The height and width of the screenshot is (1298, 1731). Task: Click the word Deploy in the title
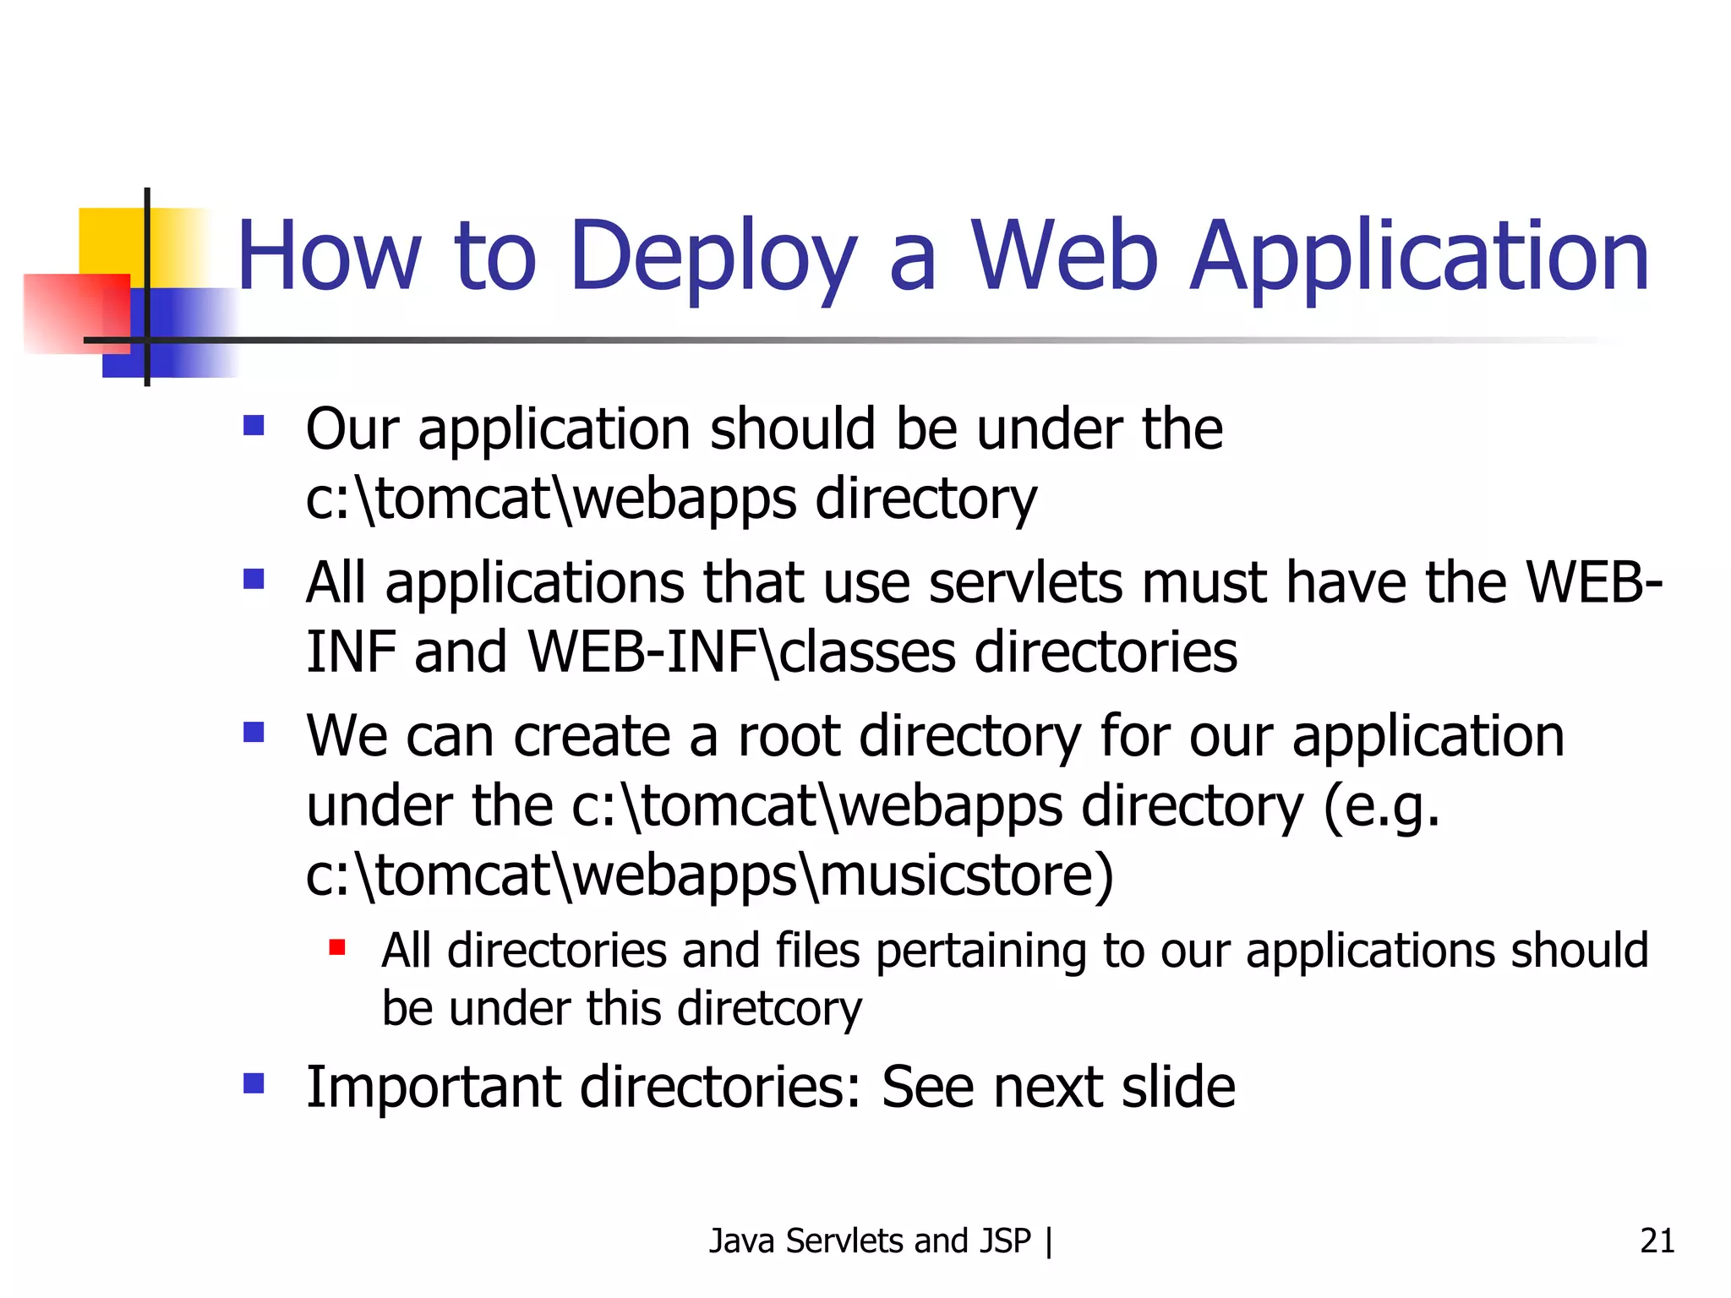tap(713, 257)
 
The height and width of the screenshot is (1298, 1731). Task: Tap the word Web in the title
tap(1064, 257)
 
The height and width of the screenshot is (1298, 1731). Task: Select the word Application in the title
tap(1419, 257)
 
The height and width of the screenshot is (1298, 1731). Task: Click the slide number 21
tap(1657, 1241)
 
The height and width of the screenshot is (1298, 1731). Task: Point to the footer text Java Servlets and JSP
tap(870, 1241)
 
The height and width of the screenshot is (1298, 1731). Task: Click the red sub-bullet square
tap(337, 947)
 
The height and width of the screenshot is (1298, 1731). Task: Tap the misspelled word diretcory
tap(769, 1008)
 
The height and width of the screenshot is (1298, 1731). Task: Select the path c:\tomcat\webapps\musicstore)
tap(709, 875)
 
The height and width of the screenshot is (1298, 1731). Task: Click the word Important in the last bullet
tap(433, 1087)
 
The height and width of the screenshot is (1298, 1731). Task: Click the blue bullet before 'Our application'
tap(254, 424)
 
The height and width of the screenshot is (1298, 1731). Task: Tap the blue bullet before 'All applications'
tap(254, 579)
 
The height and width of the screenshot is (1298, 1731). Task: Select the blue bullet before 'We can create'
tap(254, 731)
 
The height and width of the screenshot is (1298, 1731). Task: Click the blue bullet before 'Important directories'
tap(254, 1083)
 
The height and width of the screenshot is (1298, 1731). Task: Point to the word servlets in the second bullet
tap(1025, 583)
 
